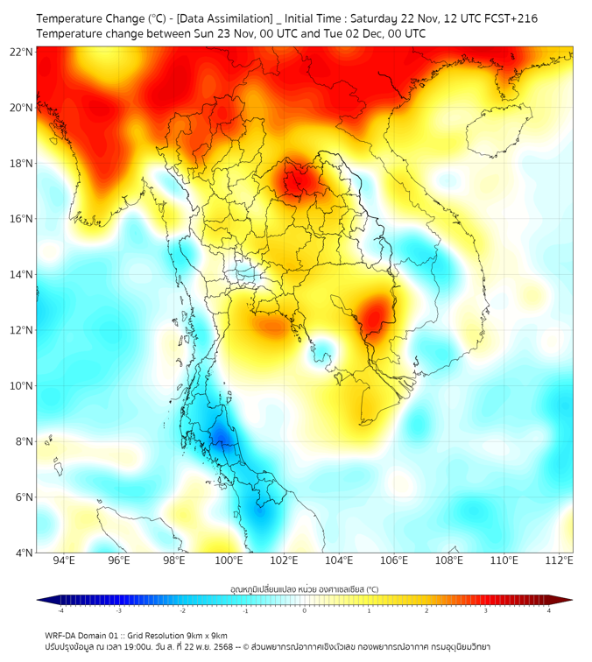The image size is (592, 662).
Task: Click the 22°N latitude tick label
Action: coord(22,53)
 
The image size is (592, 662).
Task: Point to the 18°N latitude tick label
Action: coord(22,164)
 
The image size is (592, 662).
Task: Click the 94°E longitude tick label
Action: coord(64,561)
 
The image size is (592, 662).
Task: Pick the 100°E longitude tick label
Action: coord(229,561)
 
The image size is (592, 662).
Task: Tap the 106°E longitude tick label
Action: coord(394,561)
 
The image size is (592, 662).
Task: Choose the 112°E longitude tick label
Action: coord(560,561)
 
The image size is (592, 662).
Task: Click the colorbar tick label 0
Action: coord(305,610)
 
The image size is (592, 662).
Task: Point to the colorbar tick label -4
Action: coord(60,610)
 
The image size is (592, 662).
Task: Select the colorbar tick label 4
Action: coord(549,610)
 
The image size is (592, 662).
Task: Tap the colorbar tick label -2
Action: coord(181,610)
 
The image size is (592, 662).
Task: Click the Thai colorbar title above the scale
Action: coord(304,589)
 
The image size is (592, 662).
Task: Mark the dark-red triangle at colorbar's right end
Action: coord(566,600)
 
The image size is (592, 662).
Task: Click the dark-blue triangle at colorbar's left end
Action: coord(43,600)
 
